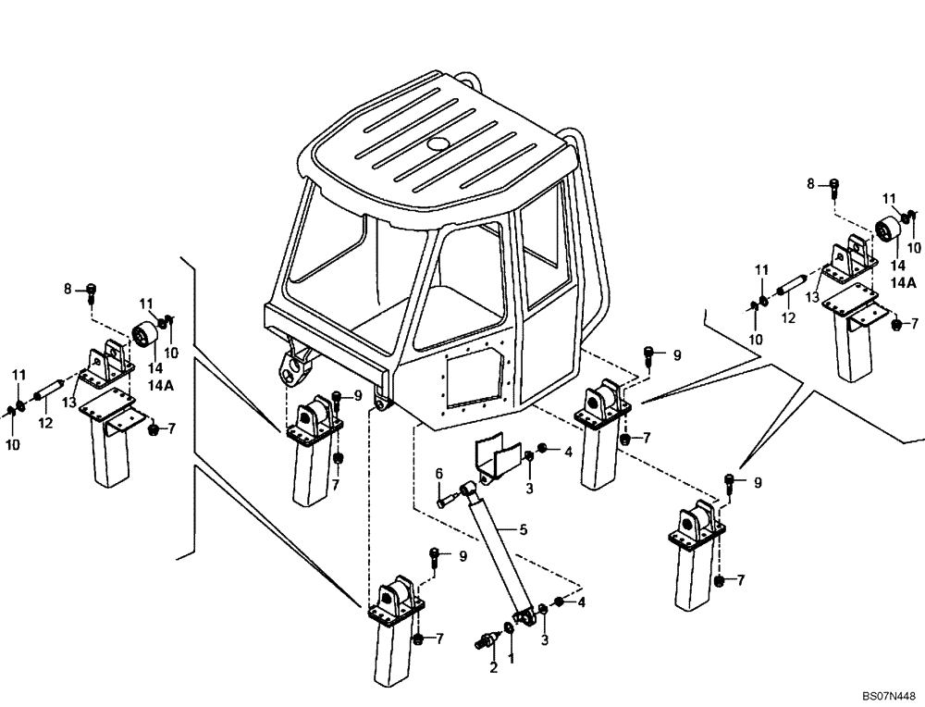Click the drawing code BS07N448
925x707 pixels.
point(887,691)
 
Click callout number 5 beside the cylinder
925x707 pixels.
point(524,529)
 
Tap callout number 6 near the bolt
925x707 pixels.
point(439,474)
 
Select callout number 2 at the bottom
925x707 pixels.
point(493,666)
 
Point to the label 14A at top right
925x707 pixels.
point(904,284)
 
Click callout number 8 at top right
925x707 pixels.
point(811,184)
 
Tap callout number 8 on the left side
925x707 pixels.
point(68,290)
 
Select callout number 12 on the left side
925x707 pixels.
point(45,423)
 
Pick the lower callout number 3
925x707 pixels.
point(544,639)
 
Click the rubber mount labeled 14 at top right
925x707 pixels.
point(888,230)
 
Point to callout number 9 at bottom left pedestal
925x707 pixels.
point(462,556)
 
